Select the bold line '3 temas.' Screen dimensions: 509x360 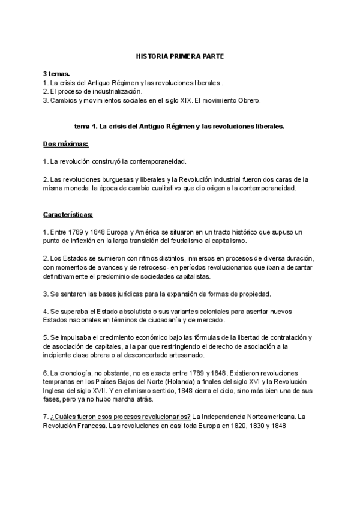(x=56, y=74)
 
